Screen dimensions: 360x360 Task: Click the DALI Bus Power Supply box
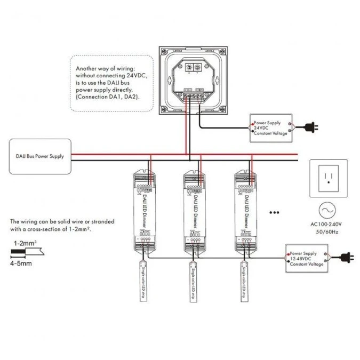[x=40, y=156]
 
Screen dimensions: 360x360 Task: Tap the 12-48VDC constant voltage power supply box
[x=306, y=259]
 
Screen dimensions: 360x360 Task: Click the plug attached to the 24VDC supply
[x=309, y=127]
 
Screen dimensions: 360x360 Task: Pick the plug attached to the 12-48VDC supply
[x=345, y=257]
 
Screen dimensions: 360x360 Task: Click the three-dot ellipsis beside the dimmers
[x=275, y=212]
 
